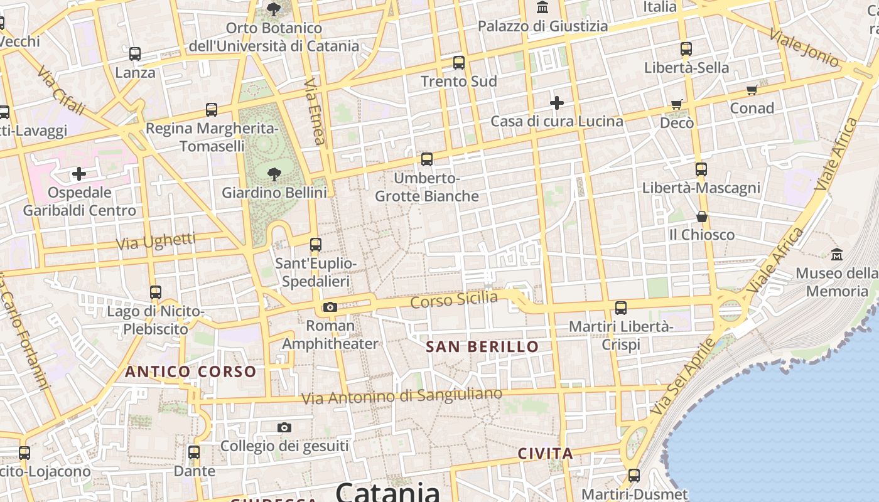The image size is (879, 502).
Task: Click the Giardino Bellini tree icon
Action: [274, 174]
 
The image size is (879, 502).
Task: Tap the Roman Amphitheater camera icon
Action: [330, 307]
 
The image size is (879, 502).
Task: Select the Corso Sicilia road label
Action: [453, 300]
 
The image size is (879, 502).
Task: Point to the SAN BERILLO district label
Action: [482, 346]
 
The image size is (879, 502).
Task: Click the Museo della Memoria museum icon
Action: [837, 254]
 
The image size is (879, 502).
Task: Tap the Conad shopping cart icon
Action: [752, 90]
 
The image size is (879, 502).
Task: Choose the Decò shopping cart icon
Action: [676, 104]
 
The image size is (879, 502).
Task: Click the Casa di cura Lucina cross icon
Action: [556, 102]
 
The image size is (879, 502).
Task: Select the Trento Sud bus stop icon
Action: [459, 62]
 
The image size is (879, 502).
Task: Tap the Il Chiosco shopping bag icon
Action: [701, 216]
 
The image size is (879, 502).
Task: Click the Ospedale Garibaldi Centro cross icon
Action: [79, 174]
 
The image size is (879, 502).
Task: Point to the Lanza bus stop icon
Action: [135, 53]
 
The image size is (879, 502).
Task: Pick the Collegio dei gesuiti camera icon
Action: [284, 427]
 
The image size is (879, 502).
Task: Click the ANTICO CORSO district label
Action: [190, 371]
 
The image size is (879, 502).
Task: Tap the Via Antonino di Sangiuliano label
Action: [402, 396]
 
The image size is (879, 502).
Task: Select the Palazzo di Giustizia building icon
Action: [542, 8]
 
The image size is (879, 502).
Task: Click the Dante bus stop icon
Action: [194, 452]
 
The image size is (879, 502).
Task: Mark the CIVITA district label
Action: [545, 453]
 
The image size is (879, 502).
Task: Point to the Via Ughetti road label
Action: [156, 241]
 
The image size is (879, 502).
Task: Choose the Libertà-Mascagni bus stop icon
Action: [701, 169]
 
